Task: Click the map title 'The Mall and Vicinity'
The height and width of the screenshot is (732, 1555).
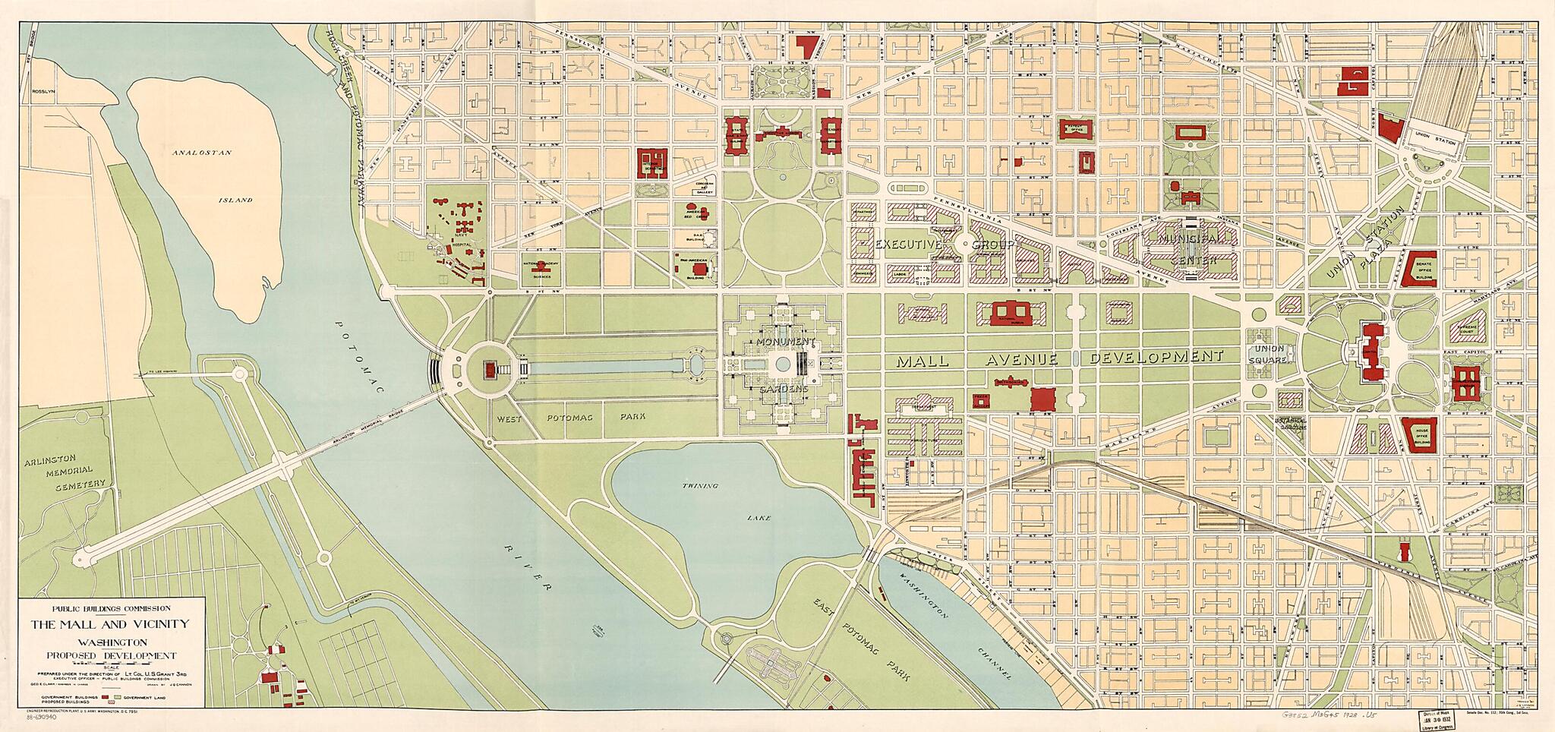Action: tap(110, 624)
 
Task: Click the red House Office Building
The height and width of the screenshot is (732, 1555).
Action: tap(1418, 434)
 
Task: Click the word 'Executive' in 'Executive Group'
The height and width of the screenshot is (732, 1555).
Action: tap(908, 245)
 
